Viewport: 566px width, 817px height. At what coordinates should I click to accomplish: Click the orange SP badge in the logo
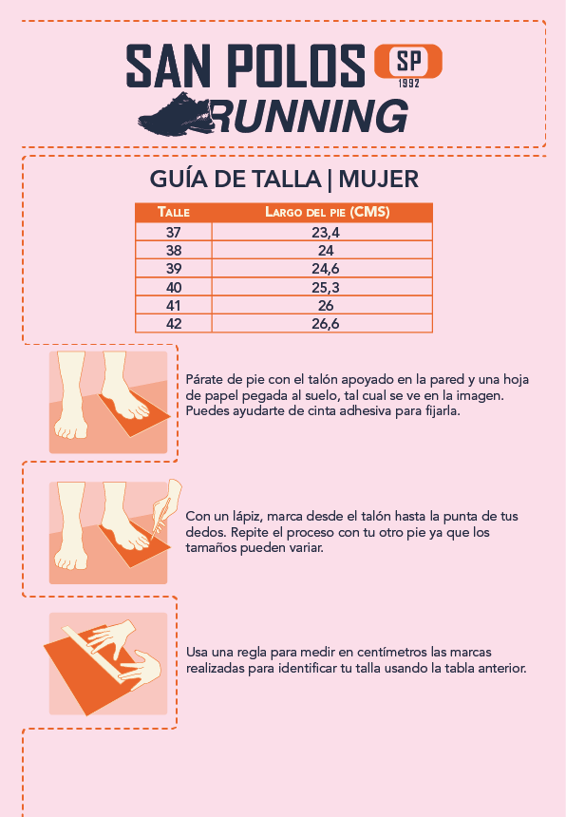(x=408, y=62)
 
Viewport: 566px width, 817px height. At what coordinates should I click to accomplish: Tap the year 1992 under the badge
(x=408, y=84)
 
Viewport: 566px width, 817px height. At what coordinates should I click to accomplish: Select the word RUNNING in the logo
(x=309, y=116)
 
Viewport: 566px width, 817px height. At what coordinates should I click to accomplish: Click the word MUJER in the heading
(x=379, y=180)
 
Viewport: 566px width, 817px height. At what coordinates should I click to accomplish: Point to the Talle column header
(x=174, y=212)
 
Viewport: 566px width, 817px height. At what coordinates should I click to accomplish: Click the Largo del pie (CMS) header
(x=328, y=212)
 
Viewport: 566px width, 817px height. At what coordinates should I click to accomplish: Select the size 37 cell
(x=174, y=232)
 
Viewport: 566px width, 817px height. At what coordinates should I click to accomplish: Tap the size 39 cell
(x=174, y=268)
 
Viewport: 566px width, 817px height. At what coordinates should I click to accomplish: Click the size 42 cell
(x=174, y=324)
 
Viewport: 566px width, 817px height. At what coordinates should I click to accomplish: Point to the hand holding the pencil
(x=167, y=502)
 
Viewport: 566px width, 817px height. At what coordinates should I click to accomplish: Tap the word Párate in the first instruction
(x=204, y=379)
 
